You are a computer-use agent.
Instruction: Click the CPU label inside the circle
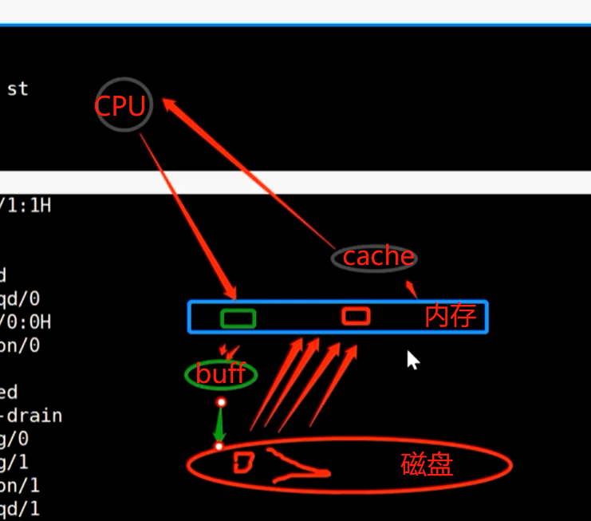120,106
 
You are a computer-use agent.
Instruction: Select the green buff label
220,373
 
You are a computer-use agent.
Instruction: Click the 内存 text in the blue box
451,316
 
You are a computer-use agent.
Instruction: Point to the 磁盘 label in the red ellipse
426,464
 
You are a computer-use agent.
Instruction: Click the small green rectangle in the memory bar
238,318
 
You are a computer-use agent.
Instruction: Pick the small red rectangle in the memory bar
356,317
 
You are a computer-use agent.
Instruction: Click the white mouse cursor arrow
412,360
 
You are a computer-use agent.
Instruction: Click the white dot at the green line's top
222,402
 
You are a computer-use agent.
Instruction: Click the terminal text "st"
18,89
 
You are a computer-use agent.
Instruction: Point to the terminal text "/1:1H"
26,205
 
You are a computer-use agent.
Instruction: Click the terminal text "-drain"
32,416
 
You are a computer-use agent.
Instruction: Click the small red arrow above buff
230,351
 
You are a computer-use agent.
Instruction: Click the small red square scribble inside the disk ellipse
243,462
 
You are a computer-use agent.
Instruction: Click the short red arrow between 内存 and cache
412,289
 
